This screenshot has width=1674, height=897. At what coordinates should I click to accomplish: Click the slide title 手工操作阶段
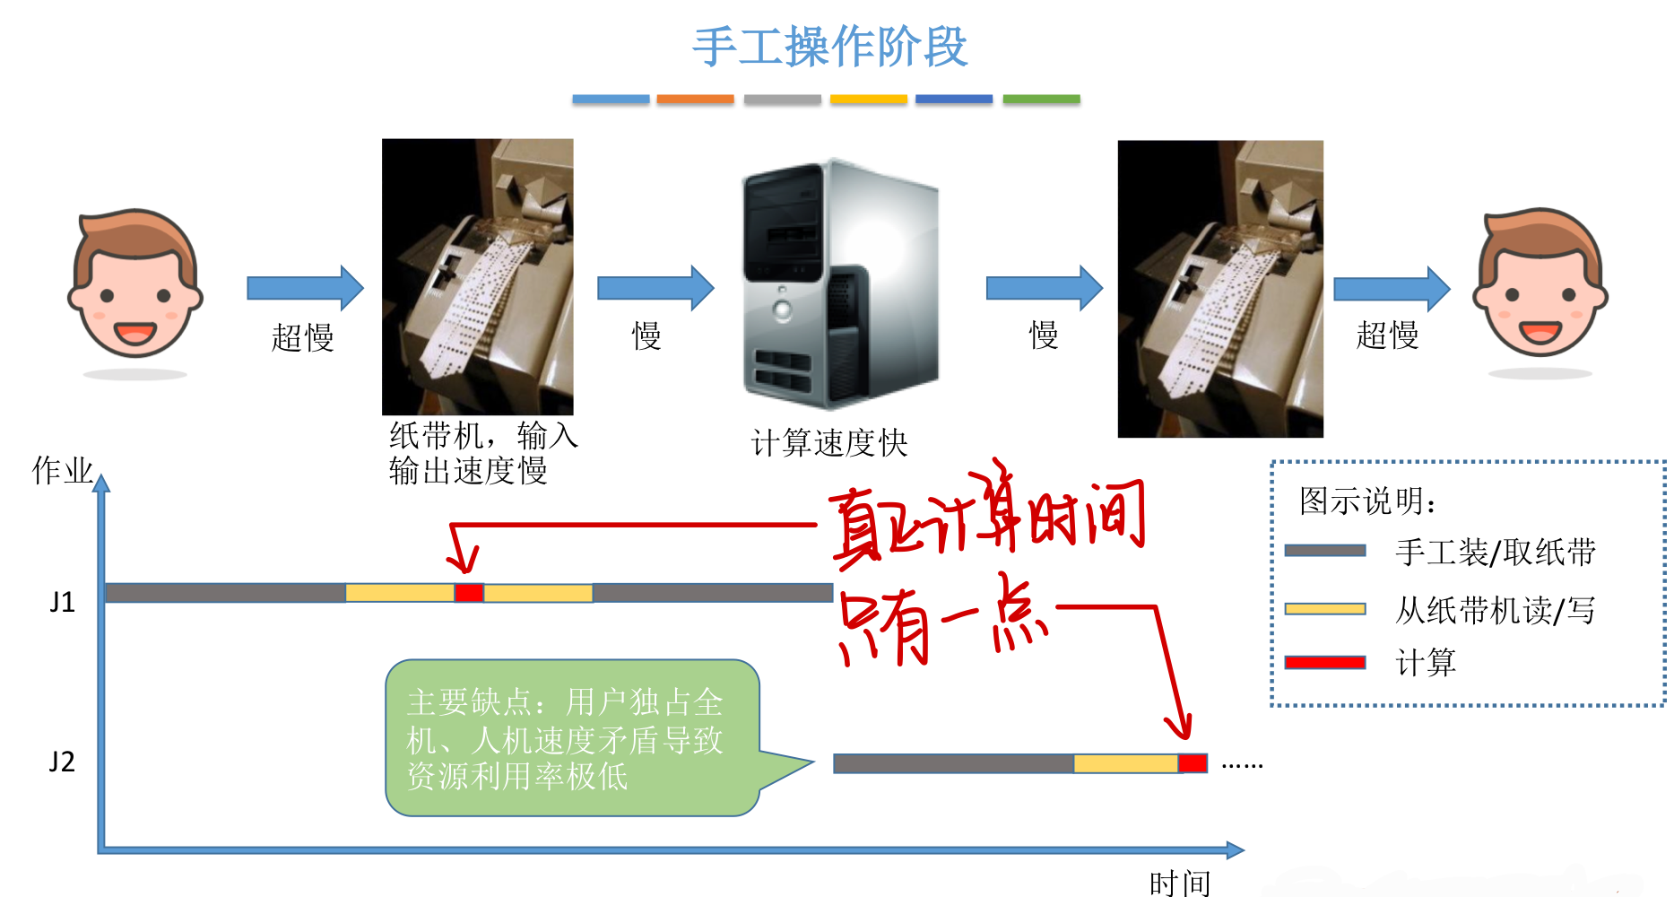tap(829, 47)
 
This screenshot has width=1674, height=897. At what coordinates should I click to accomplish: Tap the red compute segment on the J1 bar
tap(468, 592)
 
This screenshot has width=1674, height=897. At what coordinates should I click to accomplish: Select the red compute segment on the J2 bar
tap(1192, 762)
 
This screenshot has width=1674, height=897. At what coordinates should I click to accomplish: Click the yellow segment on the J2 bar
tap(1125, 763)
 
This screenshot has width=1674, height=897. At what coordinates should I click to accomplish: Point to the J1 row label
tap(62, 602)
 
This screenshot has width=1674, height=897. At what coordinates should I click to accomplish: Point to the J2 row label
tap(62, 762)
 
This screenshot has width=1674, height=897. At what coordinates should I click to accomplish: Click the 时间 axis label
tap(1179, 883)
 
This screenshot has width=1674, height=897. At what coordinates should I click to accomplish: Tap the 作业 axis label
tap(62, 470)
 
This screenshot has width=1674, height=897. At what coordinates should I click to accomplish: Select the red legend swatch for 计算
tap(1324, 663)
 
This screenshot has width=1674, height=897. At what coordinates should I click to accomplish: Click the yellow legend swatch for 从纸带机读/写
tap(1324, 609)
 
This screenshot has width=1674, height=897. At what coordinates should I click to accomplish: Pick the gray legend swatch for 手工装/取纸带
tap(1324, 551)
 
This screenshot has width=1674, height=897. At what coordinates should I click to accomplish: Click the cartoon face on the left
tap(135, 285)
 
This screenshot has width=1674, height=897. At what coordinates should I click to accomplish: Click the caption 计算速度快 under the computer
tap(829, 443)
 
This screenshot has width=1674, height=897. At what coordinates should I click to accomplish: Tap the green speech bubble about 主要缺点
tap(572, 738)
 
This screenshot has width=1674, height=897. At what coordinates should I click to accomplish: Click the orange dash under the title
tap(695, 100)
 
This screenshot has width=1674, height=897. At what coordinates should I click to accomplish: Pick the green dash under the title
tap(1041, 100)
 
